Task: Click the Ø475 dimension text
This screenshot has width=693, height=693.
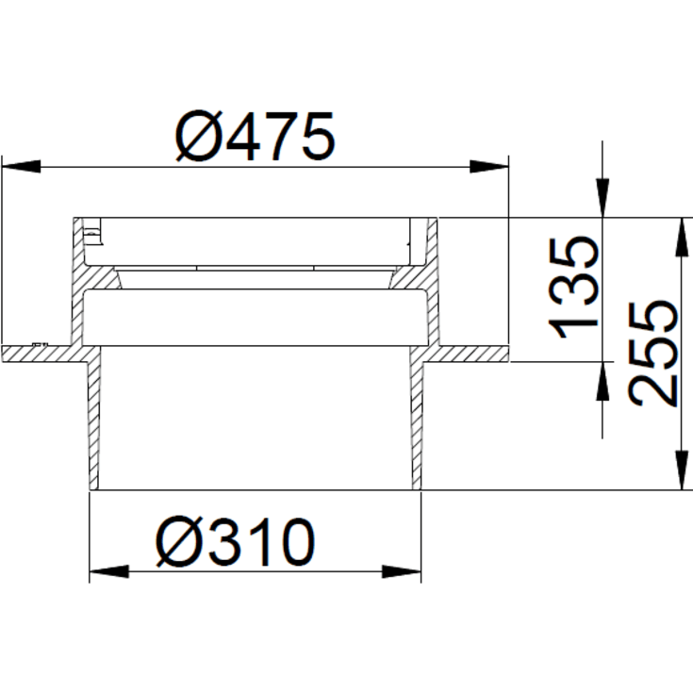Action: [x=255, y=138]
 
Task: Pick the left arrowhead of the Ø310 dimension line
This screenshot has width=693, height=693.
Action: [x=108, y=571]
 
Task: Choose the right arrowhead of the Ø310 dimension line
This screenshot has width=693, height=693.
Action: [x=400, y=571]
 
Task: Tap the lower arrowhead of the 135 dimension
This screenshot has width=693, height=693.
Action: [x=601, y=383]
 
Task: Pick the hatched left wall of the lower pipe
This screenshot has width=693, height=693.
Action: [x=94, y=424]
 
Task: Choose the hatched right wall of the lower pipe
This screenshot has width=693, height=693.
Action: [x=415, y=424]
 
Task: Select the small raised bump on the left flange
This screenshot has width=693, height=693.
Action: [x=39, y=344]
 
